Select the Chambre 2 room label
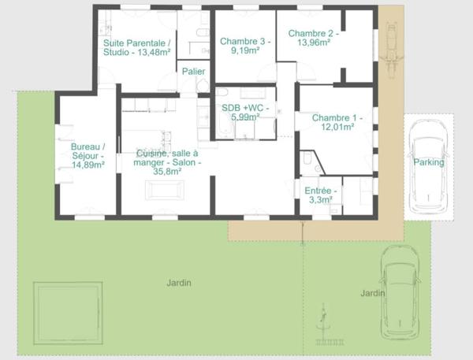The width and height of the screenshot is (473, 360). [313, 38]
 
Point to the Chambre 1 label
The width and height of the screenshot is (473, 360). [337, 122]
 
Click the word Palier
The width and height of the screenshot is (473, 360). [193, 72]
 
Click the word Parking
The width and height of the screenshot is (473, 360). [429, 162]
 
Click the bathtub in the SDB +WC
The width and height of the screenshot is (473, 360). [224, 126]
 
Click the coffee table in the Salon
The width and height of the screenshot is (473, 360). [164, 190]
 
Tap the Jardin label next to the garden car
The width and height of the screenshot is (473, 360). [373, 293]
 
